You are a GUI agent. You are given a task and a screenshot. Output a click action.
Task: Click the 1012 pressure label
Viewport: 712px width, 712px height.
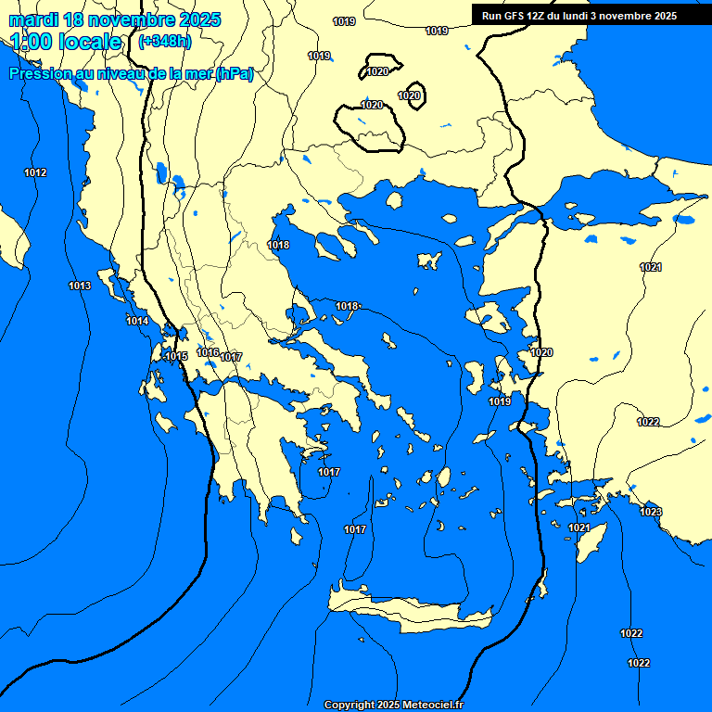click(x=35, y=173)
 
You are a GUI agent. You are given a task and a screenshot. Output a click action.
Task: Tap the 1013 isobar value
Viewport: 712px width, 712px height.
click(x=80, y=286)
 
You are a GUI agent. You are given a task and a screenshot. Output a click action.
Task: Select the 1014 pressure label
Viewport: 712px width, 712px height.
click(x=137, y=321)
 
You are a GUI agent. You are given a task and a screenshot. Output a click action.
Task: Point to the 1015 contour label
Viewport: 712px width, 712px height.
click(x=176, y=357)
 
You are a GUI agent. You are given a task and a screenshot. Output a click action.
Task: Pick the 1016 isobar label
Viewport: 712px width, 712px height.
click(x=208, y=352)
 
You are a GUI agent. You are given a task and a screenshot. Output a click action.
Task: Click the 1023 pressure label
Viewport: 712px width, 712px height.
click(x=651, y=512)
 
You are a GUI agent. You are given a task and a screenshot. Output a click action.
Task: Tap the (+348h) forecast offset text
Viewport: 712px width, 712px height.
click(x=164, y=42)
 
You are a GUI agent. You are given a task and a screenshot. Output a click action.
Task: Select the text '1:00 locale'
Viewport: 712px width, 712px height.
click(x=66, y=42)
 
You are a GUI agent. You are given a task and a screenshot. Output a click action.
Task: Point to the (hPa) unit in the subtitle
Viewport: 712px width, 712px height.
click(x=234, y=74)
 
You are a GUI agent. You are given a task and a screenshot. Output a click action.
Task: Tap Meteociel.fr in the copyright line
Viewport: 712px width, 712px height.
click(x=427, y=705)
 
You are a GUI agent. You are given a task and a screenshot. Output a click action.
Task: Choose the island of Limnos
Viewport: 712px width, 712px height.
click(x=428, y=260)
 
